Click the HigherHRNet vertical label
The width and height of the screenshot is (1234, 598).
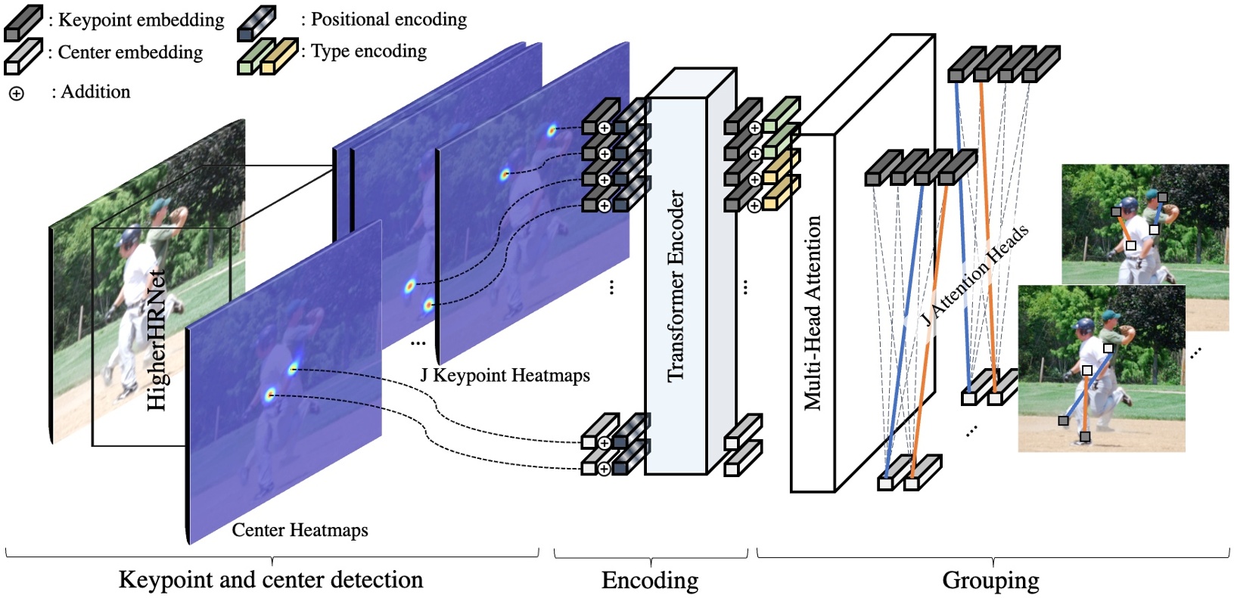click(157, 339)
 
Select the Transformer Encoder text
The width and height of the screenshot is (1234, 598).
click(676, 286)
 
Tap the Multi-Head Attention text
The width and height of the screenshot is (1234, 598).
click(813, 313)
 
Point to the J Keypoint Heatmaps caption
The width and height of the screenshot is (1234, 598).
click(505, 375)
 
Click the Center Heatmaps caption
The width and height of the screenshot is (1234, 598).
click(300, 530)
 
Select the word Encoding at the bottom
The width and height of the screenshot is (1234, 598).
click(650, 580)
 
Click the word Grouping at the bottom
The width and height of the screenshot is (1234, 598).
click(990, 580)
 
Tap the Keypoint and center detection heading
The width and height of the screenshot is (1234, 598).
click(271, 580)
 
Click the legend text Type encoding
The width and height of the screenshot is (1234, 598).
click(368, 51)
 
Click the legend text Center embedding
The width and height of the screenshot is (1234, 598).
click(130, 52)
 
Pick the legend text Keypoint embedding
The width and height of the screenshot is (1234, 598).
click(141, 20)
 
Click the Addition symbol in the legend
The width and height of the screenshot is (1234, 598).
click(16, 94)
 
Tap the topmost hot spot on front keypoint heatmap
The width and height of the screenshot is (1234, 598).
click(552, 130)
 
